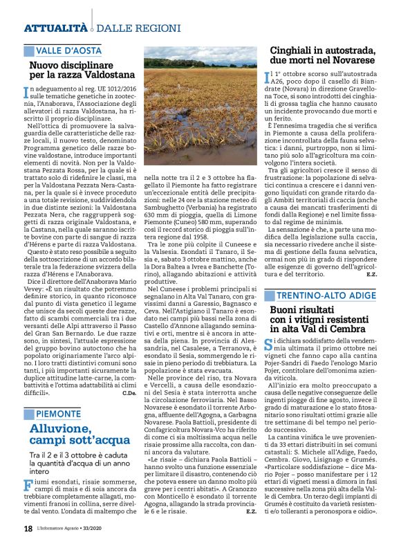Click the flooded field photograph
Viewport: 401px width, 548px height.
point(200,104)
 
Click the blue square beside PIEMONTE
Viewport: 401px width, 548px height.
point(28,395)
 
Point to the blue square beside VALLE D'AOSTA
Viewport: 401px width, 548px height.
point(28,51)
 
